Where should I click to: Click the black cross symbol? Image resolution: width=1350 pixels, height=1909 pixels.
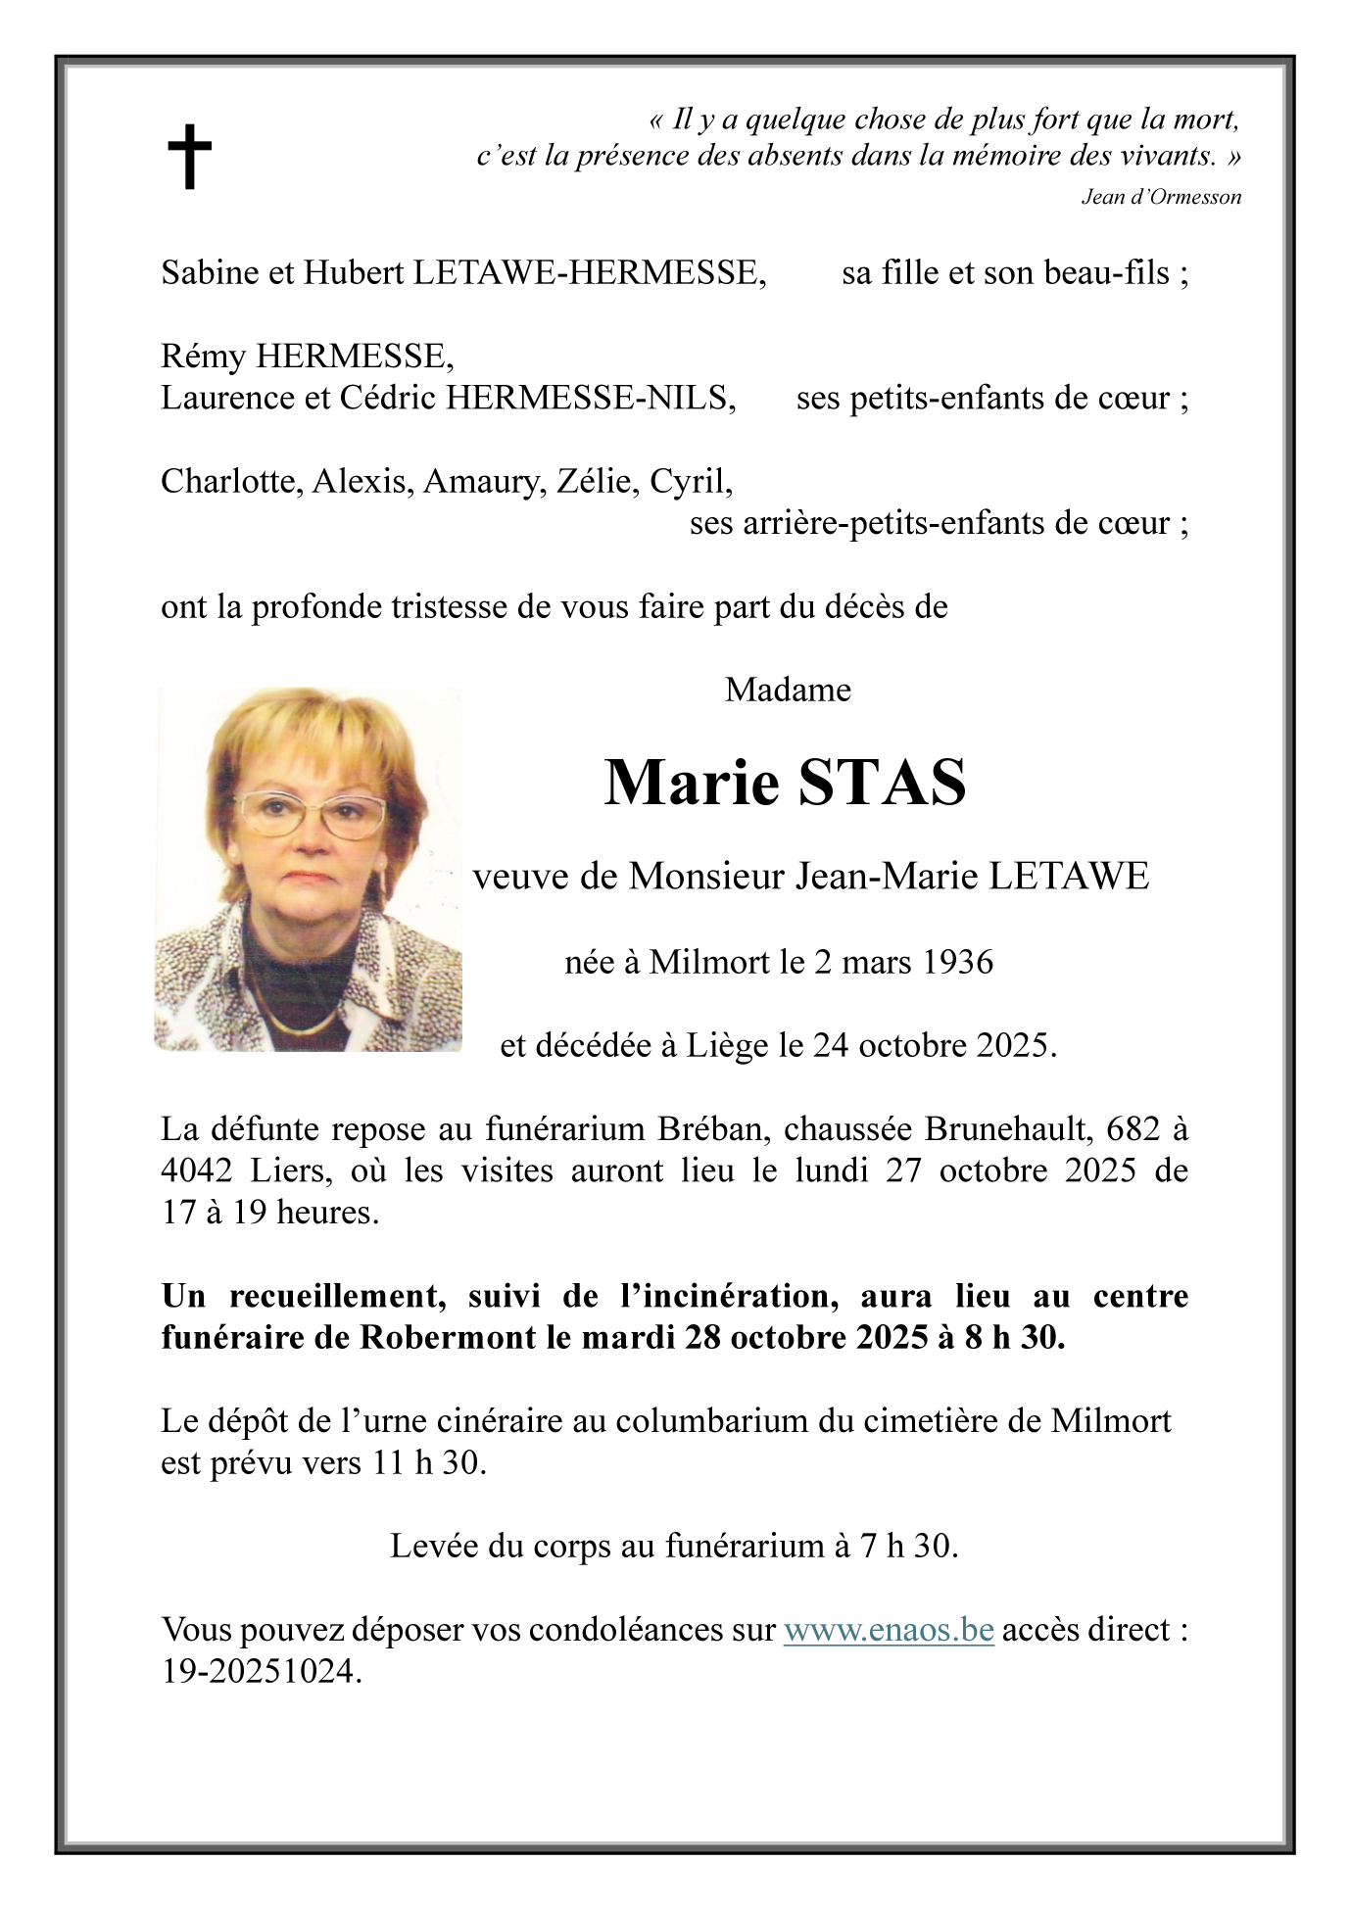click(189, 156)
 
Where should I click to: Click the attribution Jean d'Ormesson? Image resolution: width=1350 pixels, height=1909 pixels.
click(1160, 197)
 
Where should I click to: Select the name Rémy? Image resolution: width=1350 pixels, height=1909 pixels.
click(203, 357)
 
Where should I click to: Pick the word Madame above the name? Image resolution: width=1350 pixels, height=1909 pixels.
click(788, 691)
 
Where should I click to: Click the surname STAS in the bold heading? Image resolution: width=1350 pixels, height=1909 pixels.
click(882, 783)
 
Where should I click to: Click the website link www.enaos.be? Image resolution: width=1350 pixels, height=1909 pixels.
click(889, 1630)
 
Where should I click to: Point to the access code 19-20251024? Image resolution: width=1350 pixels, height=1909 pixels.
click(261, 1671)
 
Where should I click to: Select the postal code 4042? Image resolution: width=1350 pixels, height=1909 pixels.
click(196, 1170)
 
